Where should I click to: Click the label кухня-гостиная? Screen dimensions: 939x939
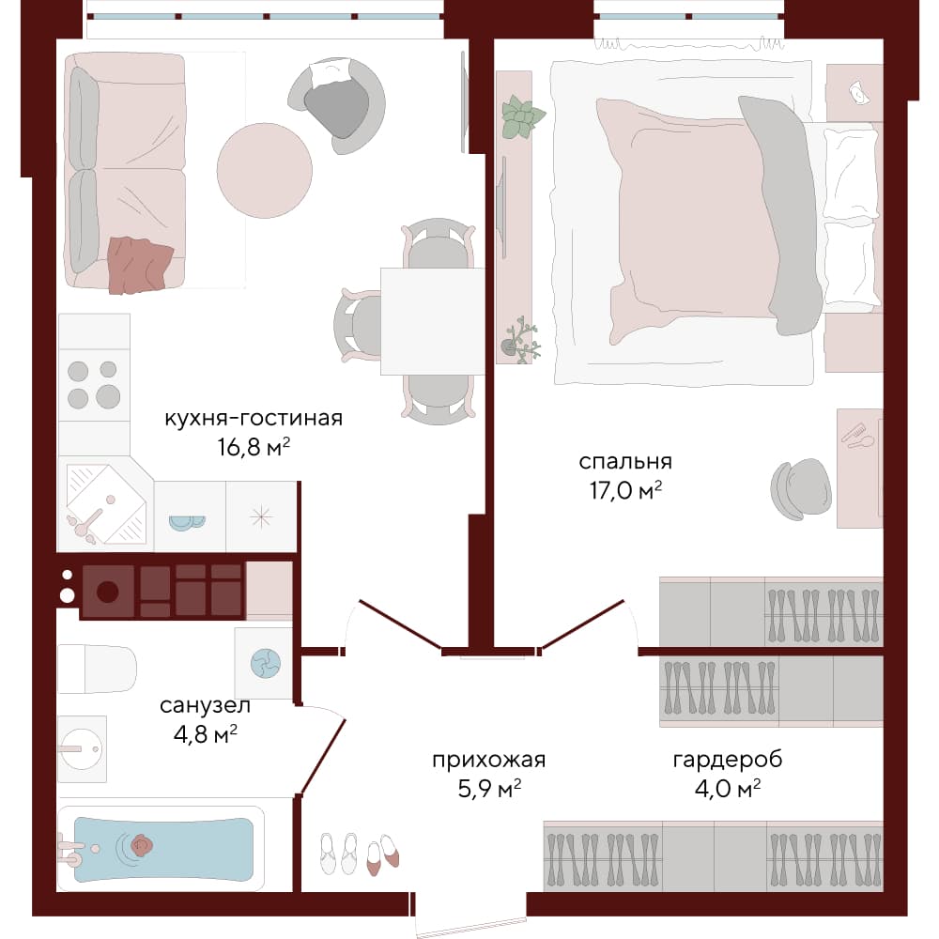pos(254,418)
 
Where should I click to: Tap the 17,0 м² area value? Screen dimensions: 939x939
pos(625,490)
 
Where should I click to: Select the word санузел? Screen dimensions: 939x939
pos(205,705)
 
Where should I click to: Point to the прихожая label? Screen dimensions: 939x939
pos(488,760)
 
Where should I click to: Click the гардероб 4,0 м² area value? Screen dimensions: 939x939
pos(728,788)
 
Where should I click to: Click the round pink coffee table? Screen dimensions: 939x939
pos(264,171)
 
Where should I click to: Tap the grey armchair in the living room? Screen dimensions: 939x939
pos(336,105)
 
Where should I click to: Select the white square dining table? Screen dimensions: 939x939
pos(432,321)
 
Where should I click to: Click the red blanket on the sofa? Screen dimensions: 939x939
pos(139,265)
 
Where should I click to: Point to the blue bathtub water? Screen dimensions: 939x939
pos(163,849)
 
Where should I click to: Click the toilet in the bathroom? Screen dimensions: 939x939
pos(97,669)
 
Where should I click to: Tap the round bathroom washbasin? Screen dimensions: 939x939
pos(82,748)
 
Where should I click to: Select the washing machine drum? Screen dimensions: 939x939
pos(266,664)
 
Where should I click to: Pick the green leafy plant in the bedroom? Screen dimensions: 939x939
pos(521,116)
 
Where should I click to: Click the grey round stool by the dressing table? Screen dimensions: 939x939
pos(801,489)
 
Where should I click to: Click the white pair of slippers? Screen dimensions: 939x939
pos(338,853)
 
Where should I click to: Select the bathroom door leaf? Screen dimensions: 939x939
pos(323,757)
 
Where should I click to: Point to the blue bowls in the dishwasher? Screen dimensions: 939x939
pos(187,523)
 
